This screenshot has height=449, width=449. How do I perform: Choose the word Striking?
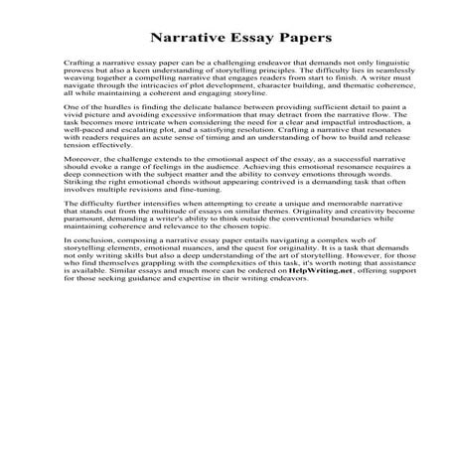[57, 188]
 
